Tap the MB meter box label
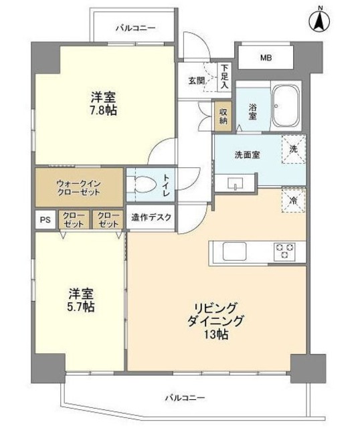(266, 58)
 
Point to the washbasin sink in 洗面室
(237, 183)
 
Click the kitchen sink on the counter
(236, 251)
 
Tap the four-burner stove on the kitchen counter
(284, 251)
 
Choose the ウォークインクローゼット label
(79, 187)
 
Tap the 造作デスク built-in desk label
(151, 217)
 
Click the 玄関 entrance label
(196, 80)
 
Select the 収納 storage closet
(223, 116)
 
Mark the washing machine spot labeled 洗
(293, 149)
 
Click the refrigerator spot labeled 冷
(293, 199)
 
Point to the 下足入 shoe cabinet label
(225, 76)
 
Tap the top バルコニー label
(135, 29)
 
